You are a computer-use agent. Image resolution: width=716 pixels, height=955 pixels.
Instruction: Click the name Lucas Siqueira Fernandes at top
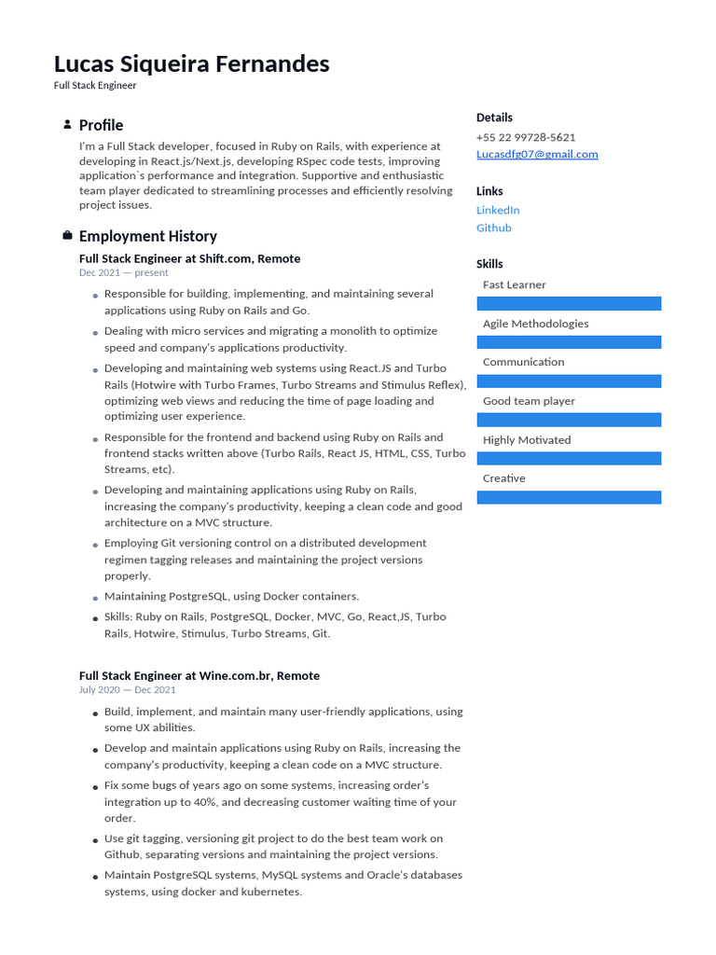tap(191, 63)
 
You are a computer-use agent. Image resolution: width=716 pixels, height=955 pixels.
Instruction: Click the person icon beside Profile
tap(67, 125)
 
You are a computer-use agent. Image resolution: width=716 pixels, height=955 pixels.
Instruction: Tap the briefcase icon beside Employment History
tap(67, 236)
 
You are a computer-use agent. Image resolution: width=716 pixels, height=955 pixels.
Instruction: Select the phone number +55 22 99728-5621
tap(526, 137)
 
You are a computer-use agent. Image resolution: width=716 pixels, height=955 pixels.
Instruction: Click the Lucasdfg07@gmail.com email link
tap(537, 154)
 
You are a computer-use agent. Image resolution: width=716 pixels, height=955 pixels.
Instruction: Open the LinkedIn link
tap(498, 210)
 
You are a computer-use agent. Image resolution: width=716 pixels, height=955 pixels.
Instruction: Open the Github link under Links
tap(493, 228)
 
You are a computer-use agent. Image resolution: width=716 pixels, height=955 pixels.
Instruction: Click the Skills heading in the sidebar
tap(489, 264)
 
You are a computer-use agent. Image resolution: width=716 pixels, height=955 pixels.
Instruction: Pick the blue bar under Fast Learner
tap(569, 304)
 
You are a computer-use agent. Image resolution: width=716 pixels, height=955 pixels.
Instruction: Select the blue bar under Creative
tap(569, 498)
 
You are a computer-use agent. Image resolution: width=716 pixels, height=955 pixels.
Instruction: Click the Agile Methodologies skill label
tap(535, 324)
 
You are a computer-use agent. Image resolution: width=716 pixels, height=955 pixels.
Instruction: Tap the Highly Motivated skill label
tap(527, 440)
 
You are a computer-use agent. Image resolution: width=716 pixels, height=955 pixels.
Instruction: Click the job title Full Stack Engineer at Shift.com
tap(189, 258)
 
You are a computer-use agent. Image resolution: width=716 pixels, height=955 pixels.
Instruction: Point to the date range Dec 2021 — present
tap(124, 273)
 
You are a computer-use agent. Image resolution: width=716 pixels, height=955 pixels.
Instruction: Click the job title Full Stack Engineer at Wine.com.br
tap(199, 675)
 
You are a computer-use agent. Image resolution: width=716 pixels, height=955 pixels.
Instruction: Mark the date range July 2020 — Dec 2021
tap(127, 690)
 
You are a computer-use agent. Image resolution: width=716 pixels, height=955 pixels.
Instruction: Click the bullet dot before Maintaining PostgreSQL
tap(95, 597)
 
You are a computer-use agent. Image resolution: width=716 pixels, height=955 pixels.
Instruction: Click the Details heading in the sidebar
tap(494, 118)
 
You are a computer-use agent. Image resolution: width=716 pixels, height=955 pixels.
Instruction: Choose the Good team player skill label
tap(529, 401)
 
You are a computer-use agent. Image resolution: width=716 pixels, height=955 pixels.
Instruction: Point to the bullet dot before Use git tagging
tap(95, 840)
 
